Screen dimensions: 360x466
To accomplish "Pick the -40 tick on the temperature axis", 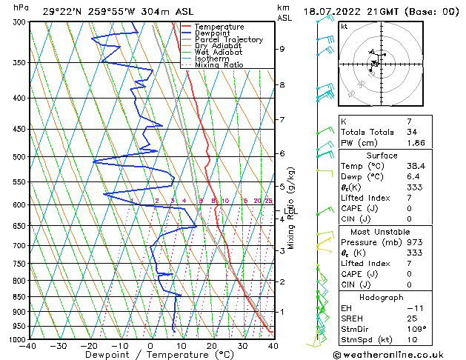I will pyautogui.click(x=28, y=346).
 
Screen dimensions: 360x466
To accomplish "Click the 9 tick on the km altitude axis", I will pyautogui.click(x=282, y=49).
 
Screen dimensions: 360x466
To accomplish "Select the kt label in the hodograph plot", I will pyautogui.click(x=344, y=26).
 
